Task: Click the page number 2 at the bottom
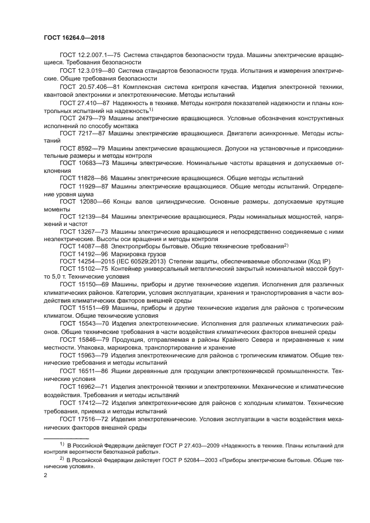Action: [x=44, y=475]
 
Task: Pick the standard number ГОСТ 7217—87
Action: [x=81, y=136]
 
